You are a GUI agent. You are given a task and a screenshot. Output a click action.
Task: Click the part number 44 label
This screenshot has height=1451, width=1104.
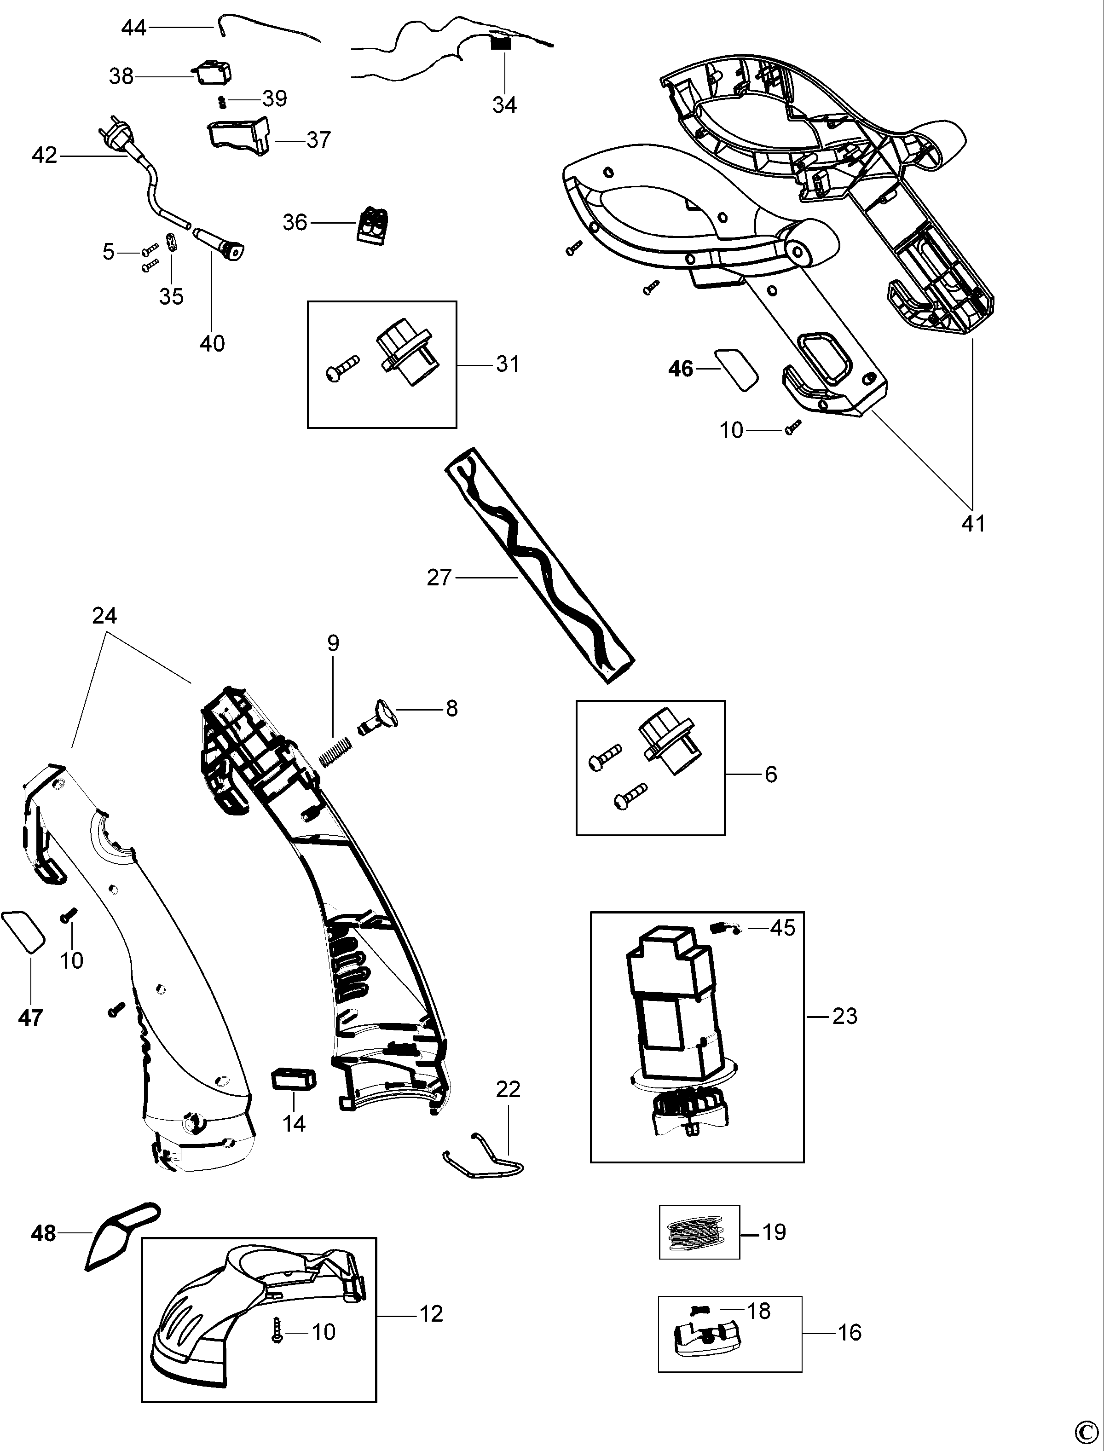pyautogui.click(x=133, y=28)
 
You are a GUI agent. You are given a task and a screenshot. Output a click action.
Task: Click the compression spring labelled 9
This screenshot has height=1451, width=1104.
pyautogui.click(x=336, y=751)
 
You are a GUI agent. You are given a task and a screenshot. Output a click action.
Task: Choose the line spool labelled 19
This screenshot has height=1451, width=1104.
pyautogui.click(x=699, y=1232)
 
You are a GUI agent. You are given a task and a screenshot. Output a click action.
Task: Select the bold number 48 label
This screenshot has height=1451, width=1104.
pyautogui.click(x=43, y=1233)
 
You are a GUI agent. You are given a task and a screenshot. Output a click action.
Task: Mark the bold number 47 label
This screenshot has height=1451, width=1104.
pyautogui.click(x=31, y=1018)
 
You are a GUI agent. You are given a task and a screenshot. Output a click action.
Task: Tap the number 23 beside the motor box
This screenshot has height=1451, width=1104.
pyautogui.click(x=844, y=1016)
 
